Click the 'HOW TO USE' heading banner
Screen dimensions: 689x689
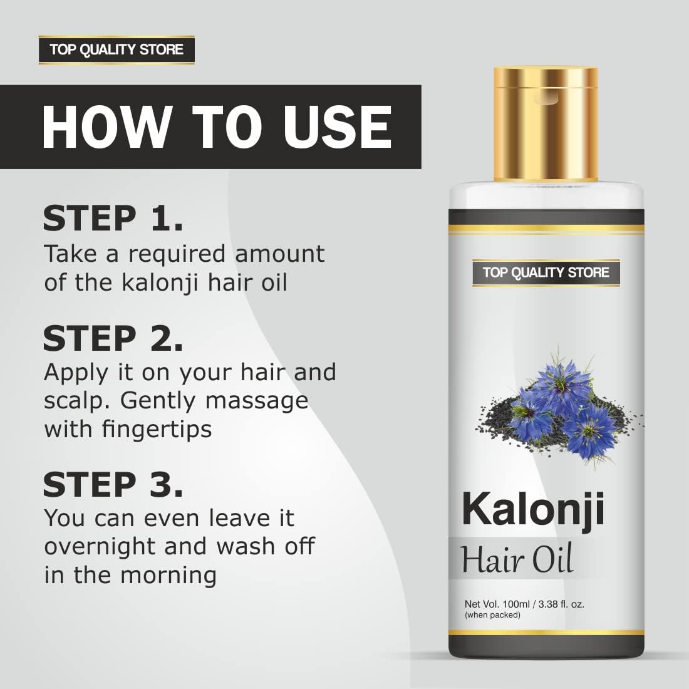216,127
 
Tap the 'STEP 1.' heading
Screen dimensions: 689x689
113,218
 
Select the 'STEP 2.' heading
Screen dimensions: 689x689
113,339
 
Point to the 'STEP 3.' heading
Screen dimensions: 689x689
113,485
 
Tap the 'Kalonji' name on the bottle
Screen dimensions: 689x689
533,509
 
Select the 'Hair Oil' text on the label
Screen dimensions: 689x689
517,559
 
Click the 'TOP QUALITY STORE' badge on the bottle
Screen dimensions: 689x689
546,272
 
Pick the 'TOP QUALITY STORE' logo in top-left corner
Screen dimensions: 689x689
117,49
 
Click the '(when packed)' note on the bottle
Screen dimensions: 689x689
492,615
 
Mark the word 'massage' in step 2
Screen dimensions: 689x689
257,400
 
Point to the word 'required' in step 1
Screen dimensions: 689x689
177,254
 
